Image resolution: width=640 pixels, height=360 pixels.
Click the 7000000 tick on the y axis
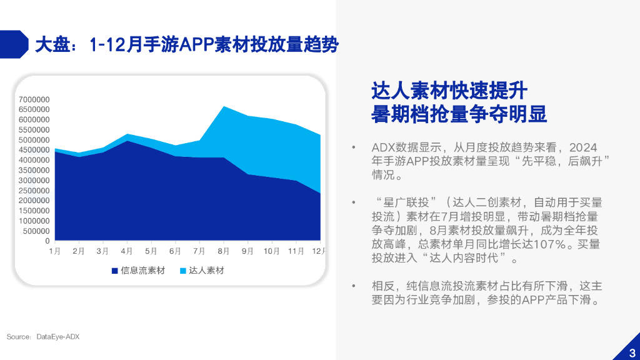tap(34, 99)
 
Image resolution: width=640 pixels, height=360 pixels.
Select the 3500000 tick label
tap(34, 170)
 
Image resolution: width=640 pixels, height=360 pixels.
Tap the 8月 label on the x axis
tap(224, 251)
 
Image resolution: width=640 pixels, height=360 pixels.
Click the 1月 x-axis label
tap(55, 251)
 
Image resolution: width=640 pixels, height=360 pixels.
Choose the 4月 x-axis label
tap(127, 251)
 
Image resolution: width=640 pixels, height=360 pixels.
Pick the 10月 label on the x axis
tap(271, 251)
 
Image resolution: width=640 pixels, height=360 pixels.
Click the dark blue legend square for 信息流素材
tap(114, 271)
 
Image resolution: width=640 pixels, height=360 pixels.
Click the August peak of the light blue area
tap(224, 107)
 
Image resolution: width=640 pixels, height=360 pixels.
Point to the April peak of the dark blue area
tap(127, 141)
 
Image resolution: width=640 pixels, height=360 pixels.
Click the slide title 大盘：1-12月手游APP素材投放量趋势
tap(186, 46)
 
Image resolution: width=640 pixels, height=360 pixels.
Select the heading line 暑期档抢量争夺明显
tap(459, 114)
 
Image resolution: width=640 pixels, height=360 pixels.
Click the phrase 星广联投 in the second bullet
tap(403, 202)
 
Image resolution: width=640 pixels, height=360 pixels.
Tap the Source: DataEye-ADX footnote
tap(43, 337)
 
